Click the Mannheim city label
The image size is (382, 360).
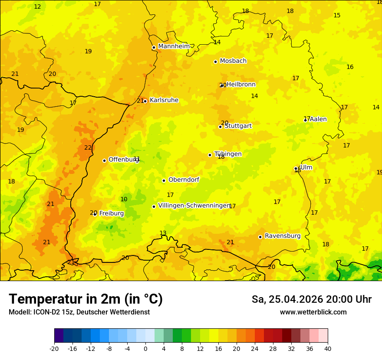click(174, 46)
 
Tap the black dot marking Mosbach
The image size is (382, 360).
click(215, 62)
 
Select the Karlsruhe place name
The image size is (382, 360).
click(164, 100)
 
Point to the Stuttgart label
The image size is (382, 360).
click(238, 126)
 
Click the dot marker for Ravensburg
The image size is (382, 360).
click(260, 237)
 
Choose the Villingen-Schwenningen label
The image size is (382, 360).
click(194, 206)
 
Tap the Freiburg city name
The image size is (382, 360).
click(111, 213)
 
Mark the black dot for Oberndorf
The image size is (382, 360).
click(164, 180)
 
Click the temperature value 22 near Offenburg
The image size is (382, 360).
click(88, 147)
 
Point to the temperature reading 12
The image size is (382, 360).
click(37, 7)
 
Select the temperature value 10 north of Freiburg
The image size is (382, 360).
click(124, 199)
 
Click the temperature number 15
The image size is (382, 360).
click(337, 15)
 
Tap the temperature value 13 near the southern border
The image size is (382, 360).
click(163, 233)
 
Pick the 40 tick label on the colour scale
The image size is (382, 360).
click(328, 348)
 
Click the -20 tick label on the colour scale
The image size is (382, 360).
click(54, 348)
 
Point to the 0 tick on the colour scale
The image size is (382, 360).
click(145, 348)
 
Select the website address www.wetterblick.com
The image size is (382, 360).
click(313, 312)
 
